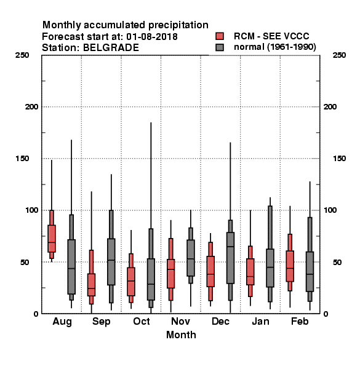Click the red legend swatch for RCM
tap(220, 36)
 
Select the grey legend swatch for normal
tap(220, 47)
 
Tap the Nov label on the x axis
tap(180, 321)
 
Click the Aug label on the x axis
tap(62, 322)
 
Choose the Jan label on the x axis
tap(260, 321)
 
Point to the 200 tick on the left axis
tap(31, 107)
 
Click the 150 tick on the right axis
tap(339, 159)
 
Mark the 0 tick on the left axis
tap(36, 314)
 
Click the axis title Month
tap(181, 335)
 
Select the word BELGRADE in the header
tap(111, 48)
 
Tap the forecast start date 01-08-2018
tap(152, 37)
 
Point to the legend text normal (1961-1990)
tap(275, 47)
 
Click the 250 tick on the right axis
tap(339, 55)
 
